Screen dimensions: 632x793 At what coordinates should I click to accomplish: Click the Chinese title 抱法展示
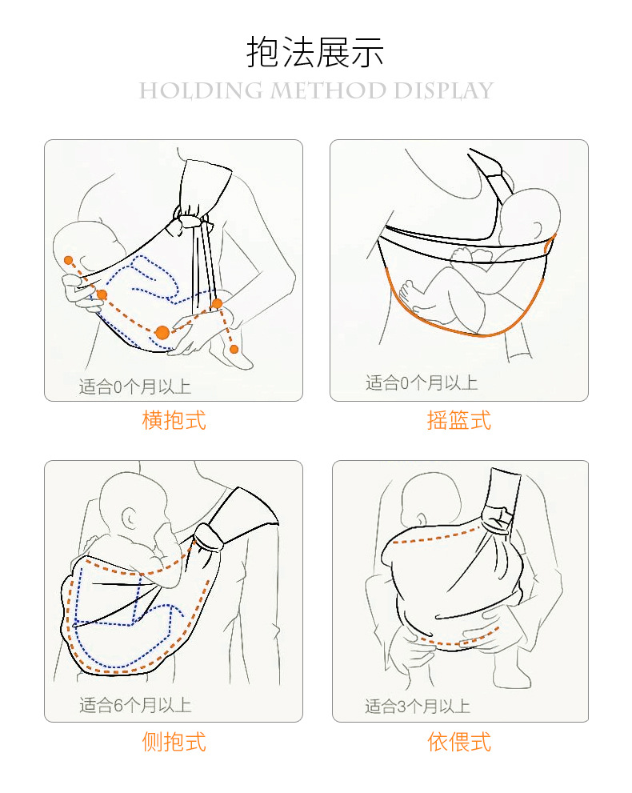[315, 52]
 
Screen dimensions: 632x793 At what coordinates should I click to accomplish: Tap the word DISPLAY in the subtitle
[442, 90]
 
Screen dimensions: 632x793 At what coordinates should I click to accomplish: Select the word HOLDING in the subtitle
[200, 90]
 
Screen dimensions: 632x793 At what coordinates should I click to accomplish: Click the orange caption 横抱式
[174, 420]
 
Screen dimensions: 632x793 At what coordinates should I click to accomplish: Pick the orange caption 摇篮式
[458, 420]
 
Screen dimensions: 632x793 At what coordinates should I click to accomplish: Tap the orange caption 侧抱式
[174, 742]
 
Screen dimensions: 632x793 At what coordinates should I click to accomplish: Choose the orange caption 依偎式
[458, 742]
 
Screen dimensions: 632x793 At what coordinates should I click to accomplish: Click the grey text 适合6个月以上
[135, 705]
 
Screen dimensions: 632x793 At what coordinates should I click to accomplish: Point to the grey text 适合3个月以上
[418, 706]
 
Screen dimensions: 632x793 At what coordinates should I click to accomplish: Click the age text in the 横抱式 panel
[135, 387]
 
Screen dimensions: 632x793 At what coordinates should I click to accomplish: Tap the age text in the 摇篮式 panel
[422, 382]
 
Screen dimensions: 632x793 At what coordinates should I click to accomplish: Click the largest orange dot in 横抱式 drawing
[162, 332]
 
